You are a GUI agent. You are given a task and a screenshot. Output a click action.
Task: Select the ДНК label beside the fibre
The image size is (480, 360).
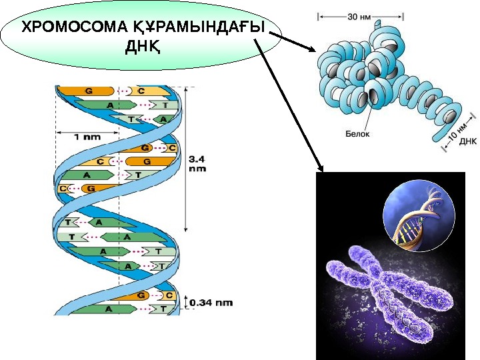(467, 141)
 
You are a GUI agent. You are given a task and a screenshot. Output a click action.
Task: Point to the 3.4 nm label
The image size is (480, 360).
(198, 164)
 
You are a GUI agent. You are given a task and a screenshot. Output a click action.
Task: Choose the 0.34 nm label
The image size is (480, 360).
(211, 303)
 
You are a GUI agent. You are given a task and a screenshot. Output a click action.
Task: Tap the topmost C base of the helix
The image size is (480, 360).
(142, 90)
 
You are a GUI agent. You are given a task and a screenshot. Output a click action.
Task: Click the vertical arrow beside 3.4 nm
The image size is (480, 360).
(187, 157)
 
